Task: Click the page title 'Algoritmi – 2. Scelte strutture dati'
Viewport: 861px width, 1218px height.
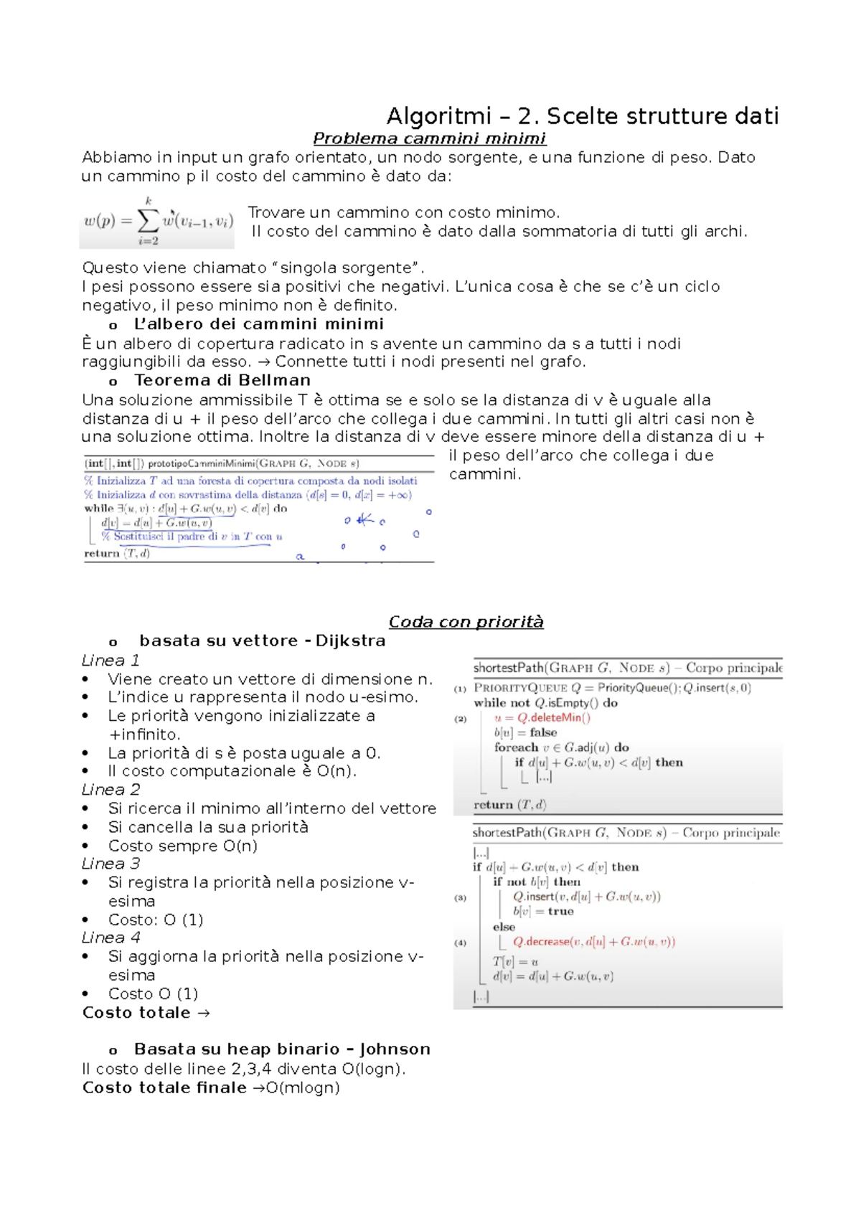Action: tap(582, 116)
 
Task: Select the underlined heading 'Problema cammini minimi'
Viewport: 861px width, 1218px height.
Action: tap(429, 138)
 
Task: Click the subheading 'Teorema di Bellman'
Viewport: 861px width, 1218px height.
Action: tap(222, 380)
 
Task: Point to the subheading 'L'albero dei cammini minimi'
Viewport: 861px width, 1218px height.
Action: tap(258, 324)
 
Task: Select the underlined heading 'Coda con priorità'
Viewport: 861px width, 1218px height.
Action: tap(466, 622)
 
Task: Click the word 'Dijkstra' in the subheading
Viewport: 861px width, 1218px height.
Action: tap(350, 641)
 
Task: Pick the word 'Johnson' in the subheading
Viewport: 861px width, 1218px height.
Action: tap(395, 1049)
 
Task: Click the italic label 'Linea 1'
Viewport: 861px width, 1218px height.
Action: tap(110, 660)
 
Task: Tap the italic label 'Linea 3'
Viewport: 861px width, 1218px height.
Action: tap(110, 864)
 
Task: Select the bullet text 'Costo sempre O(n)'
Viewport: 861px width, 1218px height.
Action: tap(182, 846)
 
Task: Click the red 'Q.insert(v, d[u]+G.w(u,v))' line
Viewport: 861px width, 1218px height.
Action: tap(586, 897)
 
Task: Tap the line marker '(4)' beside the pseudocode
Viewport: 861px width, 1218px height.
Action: tap(460, 943)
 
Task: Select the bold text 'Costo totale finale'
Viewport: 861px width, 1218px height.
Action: tap(164, 1087)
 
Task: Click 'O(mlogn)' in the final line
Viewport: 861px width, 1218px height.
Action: tap(302, 1087)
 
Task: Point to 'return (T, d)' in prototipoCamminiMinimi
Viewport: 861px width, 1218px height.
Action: tap(117, 553)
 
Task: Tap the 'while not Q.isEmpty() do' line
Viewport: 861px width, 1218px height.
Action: tap(545, 703)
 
